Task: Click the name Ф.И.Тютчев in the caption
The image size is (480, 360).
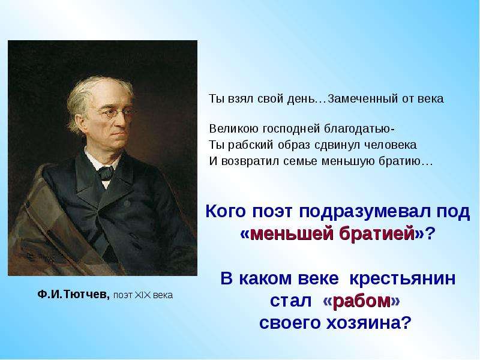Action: click(73, 295)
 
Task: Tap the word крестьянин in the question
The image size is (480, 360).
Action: click(402, 278)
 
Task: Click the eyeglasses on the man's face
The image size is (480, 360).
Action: click(117, 113)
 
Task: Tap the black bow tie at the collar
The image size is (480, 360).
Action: click(106, 173)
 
